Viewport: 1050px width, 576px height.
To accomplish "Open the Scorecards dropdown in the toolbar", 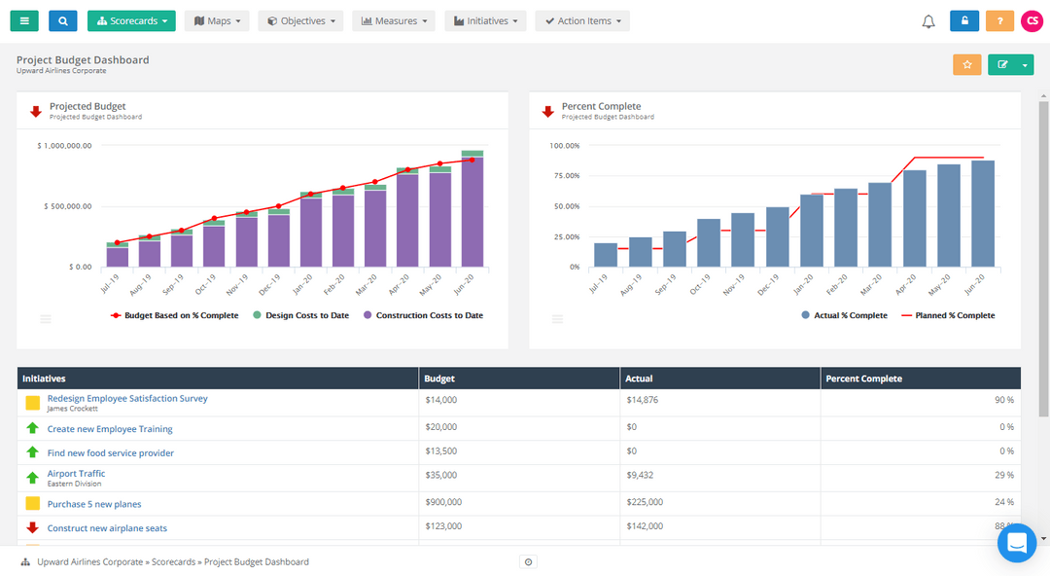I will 131,20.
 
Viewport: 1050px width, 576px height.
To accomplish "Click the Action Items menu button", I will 582,20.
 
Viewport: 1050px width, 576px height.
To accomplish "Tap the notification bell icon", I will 928,21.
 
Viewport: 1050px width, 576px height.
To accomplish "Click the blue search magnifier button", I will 62,20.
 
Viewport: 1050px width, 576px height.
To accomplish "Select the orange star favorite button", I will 966,64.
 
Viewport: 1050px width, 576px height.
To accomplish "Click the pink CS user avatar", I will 1032,20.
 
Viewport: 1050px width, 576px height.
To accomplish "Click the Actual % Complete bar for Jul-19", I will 606,255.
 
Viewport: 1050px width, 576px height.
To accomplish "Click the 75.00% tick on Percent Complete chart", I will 564,176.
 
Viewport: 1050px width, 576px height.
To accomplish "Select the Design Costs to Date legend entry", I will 300,315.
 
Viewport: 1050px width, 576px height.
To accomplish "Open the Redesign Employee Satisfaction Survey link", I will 127,399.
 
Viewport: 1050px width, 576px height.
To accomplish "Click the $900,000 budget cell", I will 443,503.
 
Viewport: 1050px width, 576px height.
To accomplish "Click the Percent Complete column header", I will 863,378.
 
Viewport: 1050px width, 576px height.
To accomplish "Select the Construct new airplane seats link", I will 107,528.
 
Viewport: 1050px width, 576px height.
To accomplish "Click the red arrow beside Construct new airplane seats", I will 32,528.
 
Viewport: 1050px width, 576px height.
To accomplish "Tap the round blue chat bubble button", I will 1016,543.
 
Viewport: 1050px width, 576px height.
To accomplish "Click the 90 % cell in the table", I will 1004,400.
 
